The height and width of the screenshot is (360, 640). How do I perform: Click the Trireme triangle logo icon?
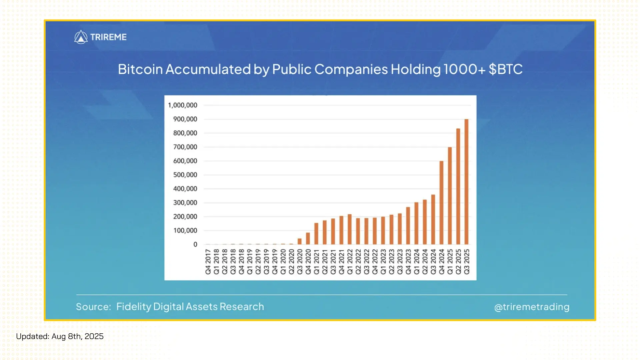[81, 37]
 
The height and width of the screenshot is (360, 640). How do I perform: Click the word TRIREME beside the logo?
[108, 37]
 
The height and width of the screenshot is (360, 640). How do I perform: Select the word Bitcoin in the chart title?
[140, 69]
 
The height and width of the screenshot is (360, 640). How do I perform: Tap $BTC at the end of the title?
[505, 69]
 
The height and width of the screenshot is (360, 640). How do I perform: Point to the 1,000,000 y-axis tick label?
[183, 105]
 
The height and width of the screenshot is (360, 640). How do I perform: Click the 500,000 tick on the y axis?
[185, 175]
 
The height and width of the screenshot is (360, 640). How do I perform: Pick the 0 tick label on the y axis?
[195, 244]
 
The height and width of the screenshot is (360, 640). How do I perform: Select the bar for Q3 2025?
[466, 182]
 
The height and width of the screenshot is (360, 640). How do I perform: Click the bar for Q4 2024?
[441, 203]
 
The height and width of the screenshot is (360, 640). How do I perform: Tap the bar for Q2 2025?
[458, 187]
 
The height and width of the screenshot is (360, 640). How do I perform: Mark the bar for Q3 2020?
[300, 241]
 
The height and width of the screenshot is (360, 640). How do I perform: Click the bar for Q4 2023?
[408, 226]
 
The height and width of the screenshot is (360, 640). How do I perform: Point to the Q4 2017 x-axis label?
[208, 262]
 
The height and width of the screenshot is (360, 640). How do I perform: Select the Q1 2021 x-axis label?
[316, 262]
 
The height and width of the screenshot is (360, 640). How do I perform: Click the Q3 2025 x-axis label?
[467, 262]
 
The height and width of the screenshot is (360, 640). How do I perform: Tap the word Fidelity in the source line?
[133, 307]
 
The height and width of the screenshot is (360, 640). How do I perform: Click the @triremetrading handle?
[532, 307]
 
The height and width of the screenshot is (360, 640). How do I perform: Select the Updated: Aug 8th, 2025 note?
[60, 336]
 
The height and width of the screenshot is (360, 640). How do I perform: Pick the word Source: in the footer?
[93, 307]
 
